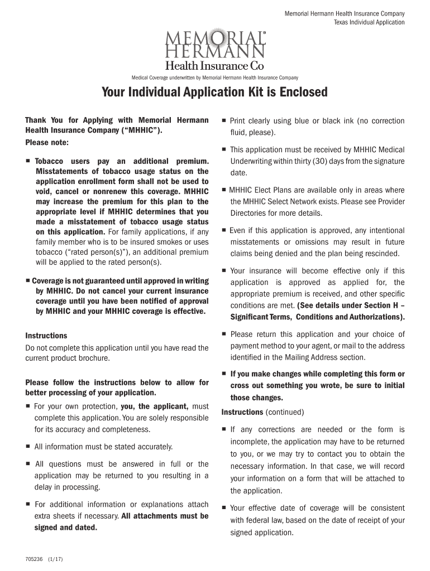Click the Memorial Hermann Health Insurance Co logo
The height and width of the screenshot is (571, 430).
(214, 49)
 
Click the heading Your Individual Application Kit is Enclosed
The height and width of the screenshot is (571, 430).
(214, 92)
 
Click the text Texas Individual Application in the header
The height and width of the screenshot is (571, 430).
(369, 22)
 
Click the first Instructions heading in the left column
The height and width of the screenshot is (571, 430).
(46, 336)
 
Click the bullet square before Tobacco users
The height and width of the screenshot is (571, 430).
(28, 161)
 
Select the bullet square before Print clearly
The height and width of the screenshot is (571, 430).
(223, 120)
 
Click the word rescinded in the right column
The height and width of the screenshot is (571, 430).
(382, 253)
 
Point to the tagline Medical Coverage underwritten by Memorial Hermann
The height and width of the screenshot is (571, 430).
(214, 78)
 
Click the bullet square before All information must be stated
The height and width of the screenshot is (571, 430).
(28, 447)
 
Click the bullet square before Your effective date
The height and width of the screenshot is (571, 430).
(223, 508)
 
